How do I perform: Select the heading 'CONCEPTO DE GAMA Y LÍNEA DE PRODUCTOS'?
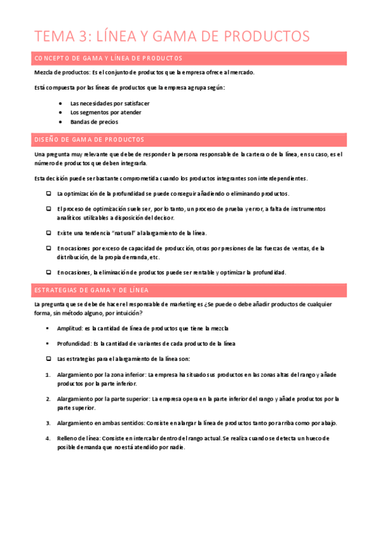(108, 59)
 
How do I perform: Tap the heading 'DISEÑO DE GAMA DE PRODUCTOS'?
(89, 139)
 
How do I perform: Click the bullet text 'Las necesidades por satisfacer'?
(110, 103)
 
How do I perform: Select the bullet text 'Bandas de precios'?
(94, 122)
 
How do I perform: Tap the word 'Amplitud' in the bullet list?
(69, 329)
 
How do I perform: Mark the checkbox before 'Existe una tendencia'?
(48, 233)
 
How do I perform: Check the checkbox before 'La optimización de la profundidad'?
(48, 194)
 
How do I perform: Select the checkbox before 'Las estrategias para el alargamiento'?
(48, 359)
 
